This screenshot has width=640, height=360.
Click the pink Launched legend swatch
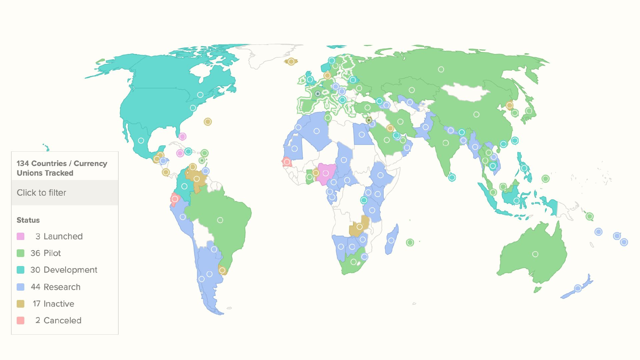pyautogui.click(x=21, y=236)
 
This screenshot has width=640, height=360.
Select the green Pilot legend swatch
pyautogui.click(x=21, y=253)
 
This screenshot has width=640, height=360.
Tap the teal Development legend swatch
pyautogui.click(x=21, y=270)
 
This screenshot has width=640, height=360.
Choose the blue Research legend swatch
pyautogui.click(x=21, y=287)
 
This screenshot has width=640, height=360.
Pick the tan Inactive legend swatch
pyautogui.click(x=21, y=304)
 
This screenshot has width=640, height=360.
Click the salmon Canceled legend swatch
pyautogui.click(x=21, y=320)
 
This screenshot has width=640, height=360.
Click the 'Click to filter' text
pyautogui.click(x=41, y=193)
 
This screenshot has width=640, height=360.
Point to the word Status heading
pyautogui.click(x=28, y=220)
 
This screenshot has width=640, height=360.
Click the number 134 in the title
pyautogui.click(x=23, y=163)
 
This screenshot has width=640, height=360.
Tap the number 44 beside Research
pyautogui.click(x=35, y=287)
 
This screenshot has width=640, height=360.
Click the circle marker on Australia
pyautogui.click(x=535, y=254)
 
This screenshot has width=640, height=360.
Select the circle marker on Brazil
pyautogui.click(x=220, y=220)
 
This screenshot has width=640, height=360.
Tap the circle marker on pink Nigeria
pyautogui.click(x=326, y=173)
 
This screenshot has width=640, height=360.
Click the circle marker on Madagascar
pyautogui.click(x=391, y=240)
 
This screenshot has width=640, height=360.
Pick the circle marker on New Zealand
pyautogui.click(x=578, y=288)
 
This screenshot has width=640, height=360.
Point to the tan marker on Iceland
pyautogui.click(x=291, y=61)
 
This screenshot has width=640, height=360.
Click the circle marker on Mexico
pyautogui.click(x=141, y=141)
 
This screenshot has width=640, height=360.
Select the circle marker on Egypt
pyautogui.click(x=362, y=135)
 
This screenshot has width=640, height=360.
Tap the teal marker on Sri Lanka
pyautogui.click(x=452, y=177)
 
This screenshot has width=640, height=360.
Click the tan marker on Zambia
pyautogui.click(x=359, y=227)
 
